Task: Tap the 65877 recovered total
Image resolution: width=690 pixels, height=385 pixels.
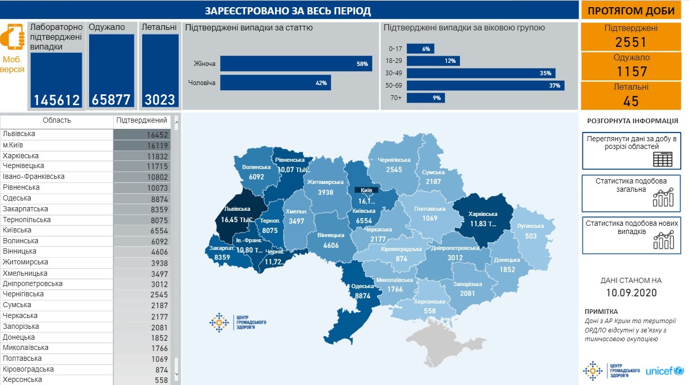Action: point(111,99)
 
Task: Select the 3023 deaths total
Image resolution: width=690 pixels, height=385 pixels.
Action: point(160,99)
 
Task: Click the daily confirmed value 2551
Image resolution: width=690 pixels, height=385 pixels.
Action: point(630,42)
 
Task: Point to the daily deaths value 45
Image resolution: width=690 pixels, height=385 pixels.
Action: point(630,101)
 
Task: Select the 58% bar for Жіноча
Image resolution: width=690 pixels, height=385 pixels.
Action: point(296,64)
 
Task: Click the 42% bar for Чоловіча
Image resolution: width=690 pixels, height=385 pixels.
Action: point(275,82)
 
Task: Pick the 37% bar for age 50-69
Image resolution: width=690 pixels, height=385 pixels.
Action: point(485,86)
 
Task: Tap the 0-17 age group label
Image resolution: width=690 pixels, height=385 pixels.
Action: point(395,48)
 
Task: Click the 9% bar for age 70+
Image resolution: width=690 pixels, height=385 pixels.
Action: point(425,98)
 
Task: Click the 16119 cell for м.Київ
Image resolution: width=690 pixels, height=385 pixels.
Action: point(158,146)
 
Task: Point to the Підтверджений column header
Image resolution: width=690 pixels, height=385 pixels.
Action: point(142,121)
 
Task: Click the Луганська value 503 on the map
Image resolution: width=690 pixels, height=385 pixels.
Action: point(530,236)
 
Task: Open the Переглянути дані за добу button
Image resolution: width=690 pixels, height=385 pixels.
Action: point(631,150)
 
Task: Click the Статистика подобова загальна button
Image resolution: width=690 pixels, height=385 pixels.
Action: point(631,193)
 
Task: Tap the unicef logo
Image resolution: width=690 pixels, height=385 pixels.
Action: point(664,371)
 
